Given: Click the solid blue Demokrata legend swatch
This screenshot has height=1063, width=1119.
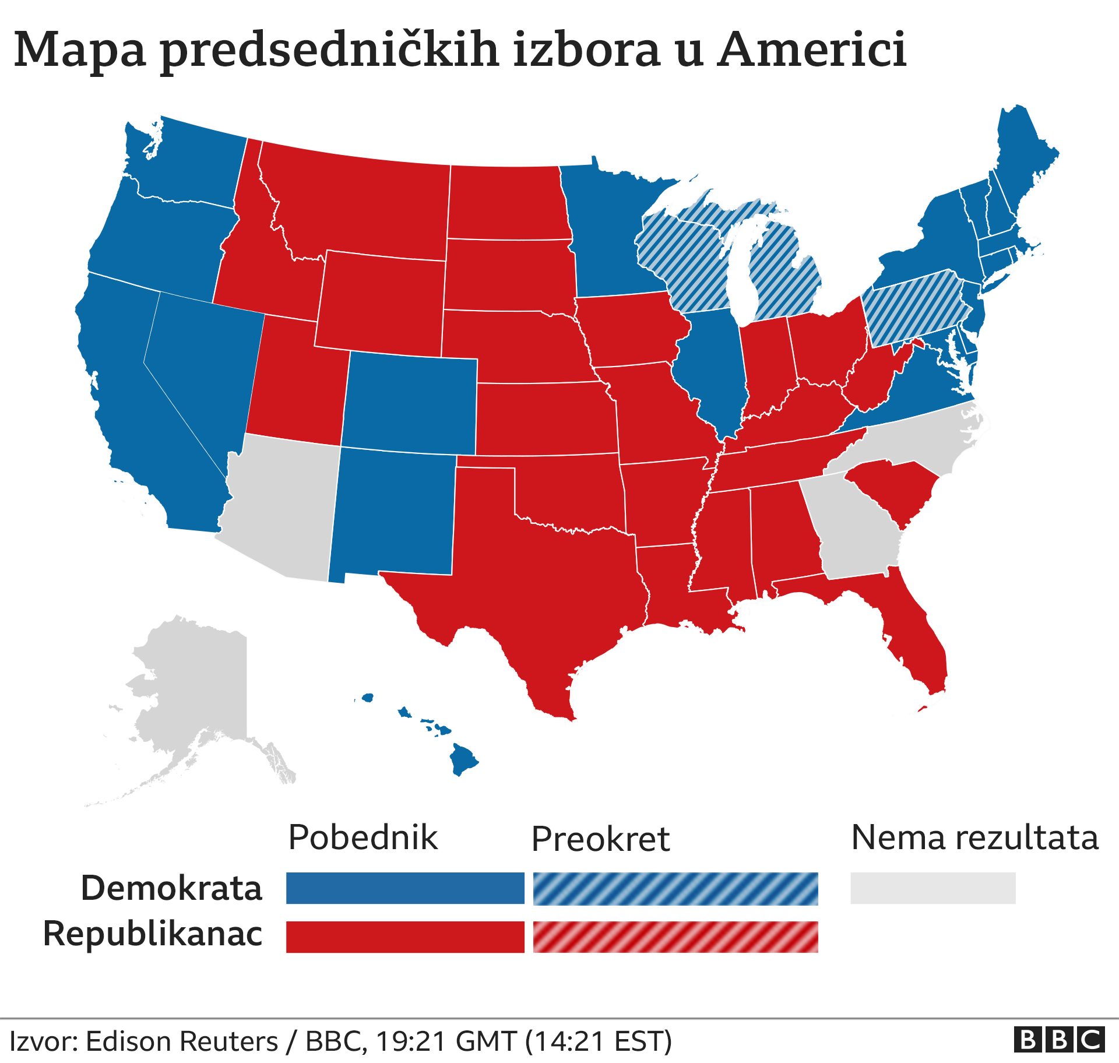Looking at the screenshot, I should [405, 888].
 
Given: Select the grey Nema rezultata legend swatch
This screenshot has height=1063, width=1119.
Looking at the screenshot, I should [932, 888].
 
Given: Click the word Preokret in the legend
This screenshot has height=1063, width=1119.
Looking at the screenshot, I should [600, 839].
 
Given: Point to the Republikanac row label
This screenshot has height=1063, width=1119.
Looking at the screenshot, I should [153, 934].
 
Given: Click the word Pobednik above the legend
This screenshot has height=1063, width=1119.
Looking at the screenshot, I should [363, 837].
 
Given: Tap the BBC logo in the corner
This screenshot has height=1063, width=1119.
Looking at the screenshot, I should [1059, 1040].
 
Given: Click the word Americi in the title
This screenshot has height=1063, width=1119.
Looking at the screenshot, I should [811, 50].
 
